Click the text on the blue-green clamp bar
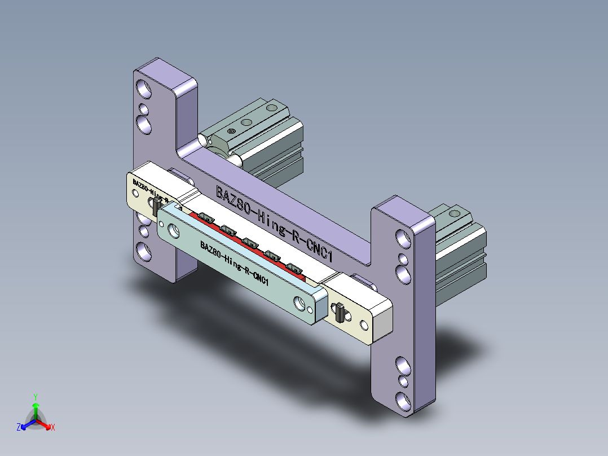[233, 263]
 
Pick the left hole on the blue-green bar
[173, 229]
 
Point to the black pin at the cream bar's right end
[340, 313]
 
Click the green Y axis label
[35, 396]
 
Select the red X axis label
[52, 428]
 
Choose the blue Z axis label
[19, 427]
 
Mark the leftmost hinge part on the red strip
[203, 217]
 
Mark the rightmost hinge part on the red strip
[294, 269]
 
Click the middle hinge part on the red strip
[249, 243]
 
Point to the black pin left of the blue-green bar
[155, 207]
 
